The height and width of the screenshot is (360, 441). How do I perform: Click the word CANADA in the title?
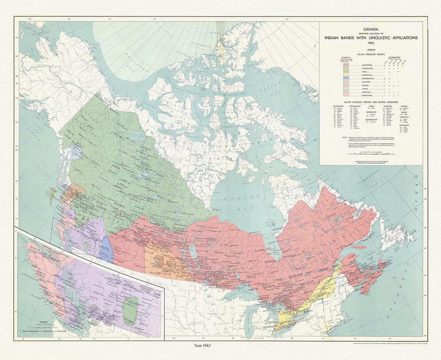click(x=371, y=29)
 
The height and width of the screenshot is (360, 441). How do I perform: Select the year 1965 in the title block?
click(x=371, y=42)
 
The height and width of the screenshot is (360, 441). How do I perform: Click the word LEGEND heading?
click(x=371, y=49)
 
